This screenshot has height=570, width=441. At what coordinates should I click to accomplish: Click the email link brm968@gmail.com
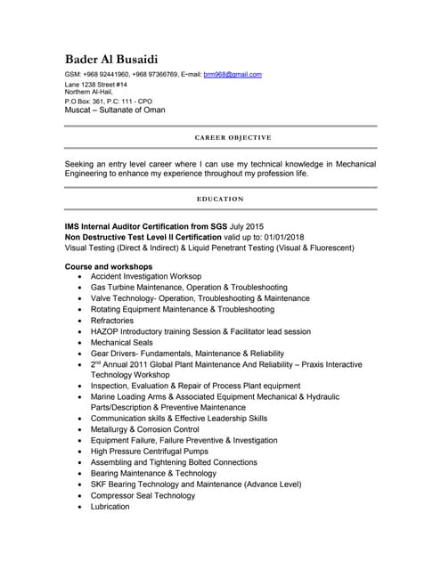coord(233,75)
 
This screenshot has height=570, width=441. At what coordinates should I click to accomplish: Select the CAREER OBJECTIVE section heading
coord(233,138)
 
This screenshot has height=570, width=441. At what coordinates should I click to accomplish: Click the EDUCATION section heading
coord(220,199)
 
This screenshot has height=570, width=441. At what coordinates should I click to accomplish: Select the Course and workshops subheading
coord(109,266)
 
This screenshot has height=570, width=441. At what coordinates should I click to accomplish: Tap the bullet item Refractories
coord(112,321)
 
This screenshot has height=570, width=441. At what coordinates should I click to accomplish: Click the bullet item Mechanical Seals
coord(122,342)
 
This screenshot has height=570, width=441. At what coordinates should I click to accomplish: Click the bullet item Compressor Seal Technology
coord(143,496)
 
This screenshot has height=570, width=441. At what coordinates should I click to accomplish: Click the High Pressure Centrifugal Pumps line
coord(151,452)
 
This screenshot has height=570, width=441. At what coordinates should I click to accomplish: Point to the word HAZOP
coord(105,331)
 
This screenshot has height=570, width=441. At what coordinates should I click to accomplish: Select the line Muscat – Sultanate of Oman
coord(115,111)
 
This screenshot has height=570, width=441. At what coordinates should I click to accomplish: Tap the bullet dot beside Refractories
coord(81,321)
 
